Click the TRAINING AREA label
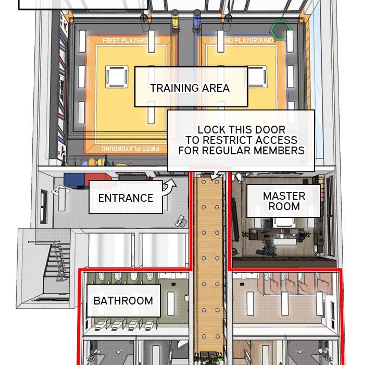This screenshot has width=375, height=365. [191, 87]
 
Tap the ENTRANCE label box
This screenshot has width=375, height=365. [126, 197]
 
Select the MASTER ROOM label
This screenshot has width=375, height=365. [283, 201]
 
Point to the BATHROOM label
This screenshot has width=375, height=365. [123, 300]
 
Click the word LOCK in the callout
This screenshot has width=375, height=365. [211, 130]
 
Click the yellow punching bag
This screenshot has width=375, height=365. [176, 21]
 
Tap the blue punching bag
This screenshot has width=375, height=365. [197, 21]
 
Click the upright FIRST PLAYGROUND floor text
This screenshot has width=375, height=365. [131, 41]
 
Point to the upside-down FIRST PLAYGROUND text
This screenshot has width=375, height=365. [130, 149]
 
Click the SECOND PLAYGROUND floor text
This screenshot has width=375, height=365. [241, 41]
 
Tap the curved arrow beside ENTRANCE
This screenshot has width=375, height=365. [169, 186]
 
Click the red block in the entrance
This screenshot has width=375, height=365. [97, 177]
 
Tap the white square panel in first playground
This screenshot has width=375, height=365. [117, 77]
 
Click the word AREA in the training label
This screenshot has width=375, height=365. [216, 88]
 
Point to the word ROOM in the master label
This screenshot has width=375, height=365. [284, 206]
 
